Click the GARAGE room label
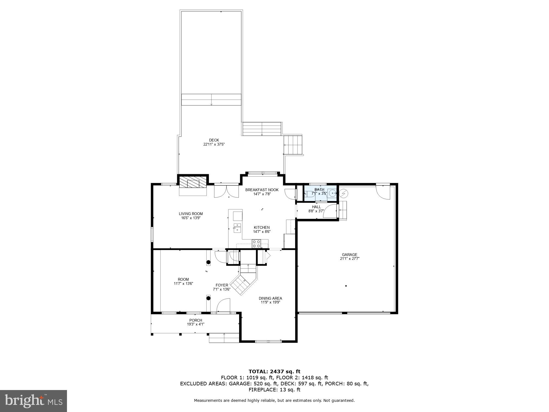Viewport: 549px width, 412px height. point(349,255)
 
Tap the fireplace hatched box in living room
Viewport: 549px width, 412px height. point(193,182)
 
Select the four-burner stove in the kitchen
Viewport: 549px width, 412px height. point(256,244)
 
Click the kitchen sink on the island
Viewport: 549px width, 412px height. point(237,228)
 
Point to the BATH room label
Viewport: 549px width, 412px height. point(319,190)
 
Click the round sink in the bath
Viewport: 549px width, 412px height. point(332,193)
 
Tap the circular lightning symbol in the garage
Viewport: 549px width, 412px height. point(343,194)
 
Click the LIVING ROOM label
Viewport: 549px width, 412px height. point(191,214)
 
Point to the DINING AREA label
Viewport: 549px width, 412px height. point(270,298)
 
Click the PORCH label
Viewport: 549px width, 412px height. point(196,320)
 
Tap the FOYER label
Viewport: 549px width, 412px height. point(222,285)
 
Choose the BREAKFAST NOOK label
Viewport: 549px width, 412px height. point(262,190)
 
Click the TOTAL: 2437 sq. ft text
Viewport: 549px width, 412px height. point(274,372)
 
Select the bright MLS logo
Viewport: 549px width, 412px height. point(33,401)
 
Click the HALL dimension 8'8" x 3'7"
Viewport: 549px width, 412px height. point(316,211)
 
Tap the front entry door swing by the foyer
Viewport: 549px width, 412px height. point(223,306)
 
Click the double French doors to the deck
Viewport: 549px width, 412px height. point(226,191)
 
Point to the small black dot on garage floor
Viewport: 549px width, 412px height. point(346,286)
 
